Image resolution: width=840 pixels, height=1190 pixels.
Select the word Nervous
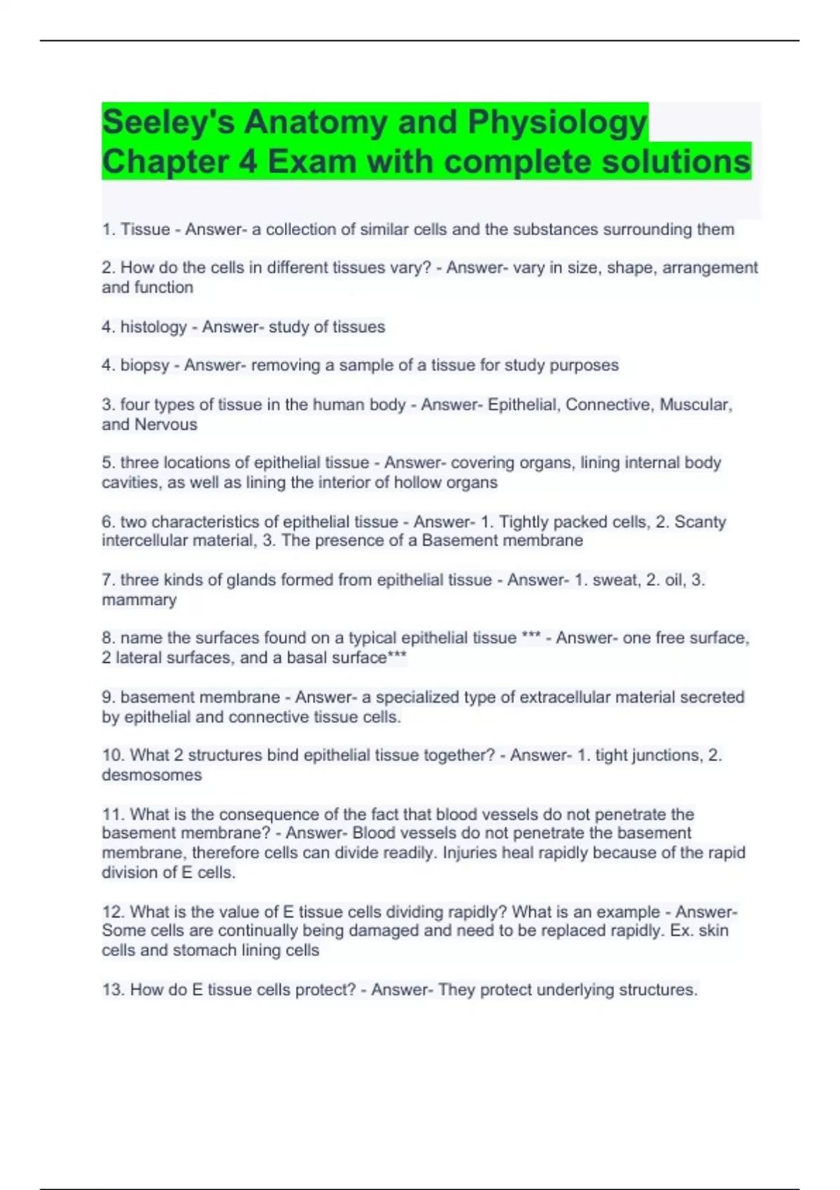[166, 424]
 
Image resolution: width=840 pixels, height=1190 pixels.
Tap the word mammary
[139, 600]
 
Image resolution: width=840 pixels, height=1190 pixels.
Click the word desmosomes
[152, 775]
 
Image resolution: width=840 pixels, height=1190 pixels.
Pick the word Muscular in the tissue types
[695, 405]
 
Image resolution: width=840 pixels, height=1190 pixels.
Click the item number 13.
[112, 990]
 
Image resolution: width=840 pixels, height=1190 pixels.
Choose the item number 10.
[112, 755]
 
